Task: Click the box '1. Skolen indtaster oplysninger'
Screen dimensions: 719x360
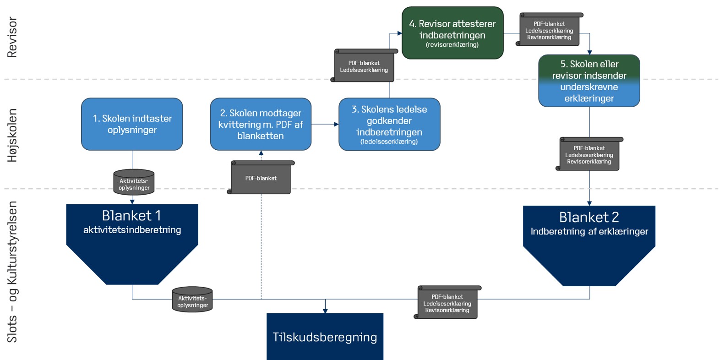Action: [x=132, y=124]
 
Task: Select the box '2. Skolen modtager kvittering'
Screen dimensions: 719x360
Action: [x=261, y=124]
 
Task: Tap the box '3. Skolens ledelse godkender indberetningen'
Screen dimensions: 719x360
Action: [x=389, y=124]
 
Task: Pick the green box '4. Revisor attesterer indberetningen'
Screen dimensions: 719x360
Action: [x=452, y=33]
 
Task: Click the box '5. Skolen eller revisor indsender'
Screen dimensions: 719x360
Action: [x=589, y=81]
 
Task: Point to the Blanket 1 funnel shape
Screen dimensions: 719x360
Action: [x=132, y=244]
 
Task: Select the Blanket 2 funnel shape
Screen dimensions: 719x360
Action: [x=589, y=245]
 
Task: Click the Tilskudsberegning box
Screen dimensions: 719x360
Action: [x=325, y=337]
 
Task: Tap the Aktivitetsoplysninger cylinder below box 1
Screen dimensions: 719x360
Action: [x=134, y=182]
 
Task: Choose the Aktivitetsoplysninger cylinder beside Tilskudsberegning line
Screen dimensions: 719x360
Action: [x=192, y=299]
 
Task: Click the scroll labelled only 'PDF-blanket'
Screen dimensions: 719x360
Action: [x=261, y=178]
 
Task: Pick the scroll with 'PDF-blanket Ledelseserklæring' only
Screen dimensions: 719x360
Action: [x=364, y=65]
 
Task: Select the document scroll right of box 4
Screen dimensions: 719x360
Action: [x=549, y=30]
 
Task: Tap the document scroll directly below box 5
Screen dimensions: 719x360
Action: [x=589, y=154]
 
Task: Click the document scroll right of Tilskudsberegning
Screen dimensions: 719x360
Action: [x=447, y=302]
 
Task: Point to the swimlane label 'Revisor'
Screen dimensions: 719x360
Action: [x=12, y=37]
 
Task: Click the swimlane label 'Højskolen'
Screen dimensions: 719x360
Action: [x=12, y=135]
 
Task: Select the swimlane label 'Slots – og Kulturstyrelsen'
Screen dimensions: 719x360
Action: [x=12, y=272]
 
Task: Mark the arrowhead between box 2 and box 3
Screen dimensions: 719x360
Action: [x=337, y=124]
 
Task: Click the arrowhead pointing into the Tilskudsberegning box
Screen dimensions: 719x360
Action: [x=325, y=311]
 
